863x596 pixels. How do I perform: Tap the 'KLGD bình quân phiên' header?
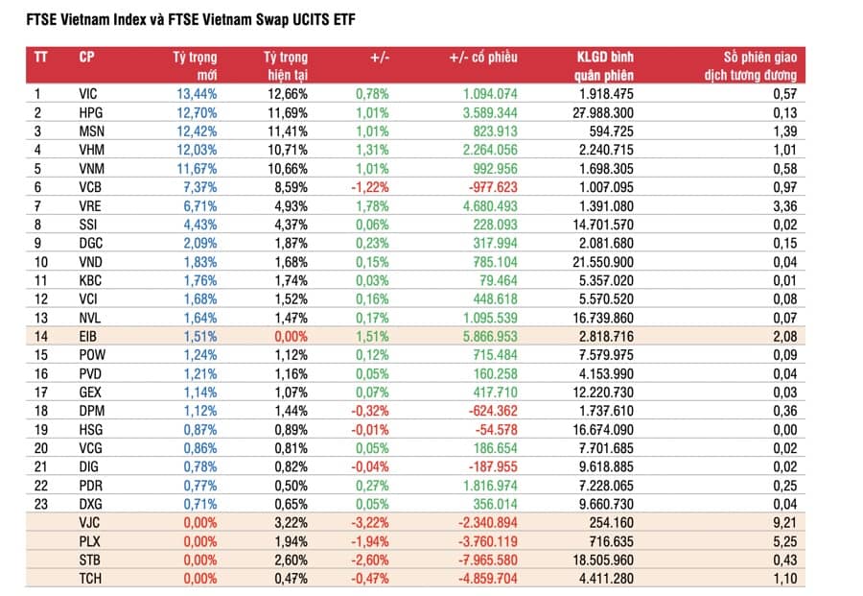(605, 65)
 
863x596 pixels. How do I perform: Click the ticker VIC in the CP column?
(89, 93)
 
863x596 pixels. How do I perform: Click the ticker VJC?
(89, 522)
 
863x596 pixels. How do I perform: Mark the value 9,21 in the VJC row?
(783, 522)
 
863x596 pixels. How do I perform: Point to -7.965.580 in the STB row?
(478, 560)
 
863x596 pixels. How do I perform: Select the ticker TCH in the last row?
(89, 578)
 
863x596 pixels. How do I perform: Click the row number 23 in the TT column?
(40, 504)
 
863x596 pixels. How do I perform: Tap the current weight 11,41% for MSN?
(286, 131)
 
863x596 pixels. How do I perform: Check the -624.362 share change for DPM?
(489, 410)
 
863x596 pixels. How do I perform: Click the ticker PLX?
(89, 540)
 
